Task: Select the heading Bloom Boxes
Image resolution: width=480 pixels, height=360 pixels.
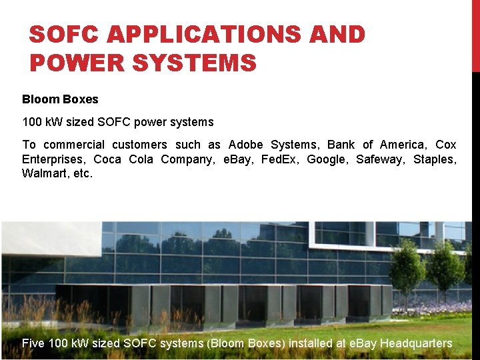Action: pos(60,99)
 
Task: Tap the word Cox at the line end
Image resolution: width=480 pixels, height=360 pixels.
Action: pos(446,145)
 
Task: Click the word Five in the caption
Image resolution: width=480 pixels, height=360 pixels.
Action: pos(34,343)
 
